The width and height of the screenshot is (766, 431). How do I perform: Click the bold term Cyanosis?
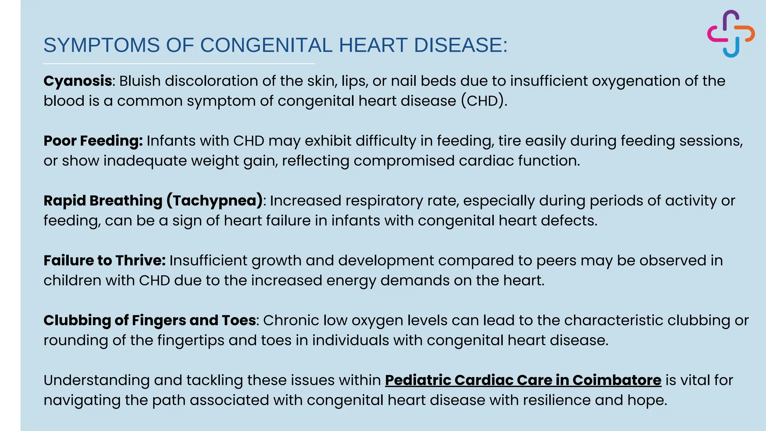[x=78, y=81]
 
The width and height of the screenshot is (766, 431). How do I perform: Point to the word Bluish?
[x=140, y=81]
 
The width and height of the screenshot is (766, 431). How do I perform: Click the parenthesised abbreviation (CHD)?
[x=484, y=101]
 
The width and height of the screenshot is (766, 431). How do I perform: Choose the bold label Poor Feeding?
[x=93, y=141]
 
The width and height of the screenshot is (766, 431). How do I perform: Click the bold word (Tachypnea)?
[x=215, y=201]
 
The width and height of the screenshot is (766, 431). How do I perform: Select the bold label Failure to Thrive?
[x=104, y=260]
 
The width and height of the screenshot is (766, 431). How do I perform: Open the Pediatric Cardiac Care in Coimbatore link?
[x=523, y=380]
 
